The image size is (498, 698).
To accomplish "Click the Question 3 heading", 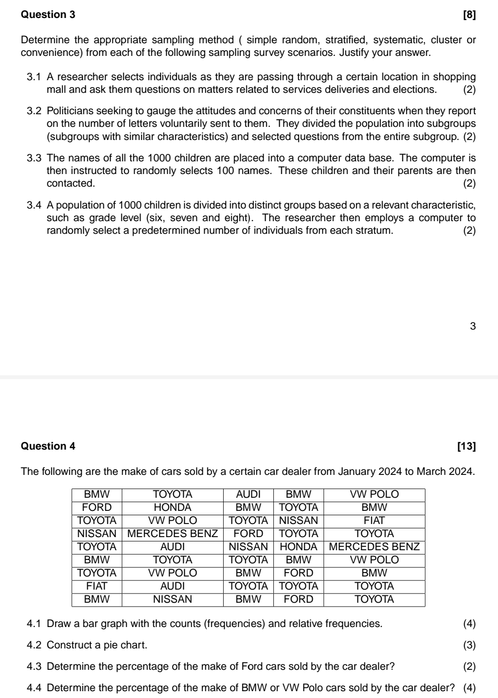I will (48, 15).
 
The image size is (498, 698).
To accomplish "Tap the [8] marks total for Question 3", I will (469, 15).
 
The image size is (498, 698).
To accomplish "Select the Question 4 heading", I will (48, 446).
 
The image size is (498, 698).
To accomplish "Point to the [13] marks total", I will (467, 446).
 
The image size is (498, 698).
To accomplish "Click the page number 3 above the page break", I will (473, 326).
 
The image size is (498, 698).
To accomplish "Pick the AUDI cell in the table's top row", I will (248, 494).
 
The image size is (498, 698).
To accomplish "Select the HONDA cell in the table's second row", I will (172, 507).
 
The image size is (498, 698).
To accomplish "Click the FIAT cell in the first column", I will (97, 586).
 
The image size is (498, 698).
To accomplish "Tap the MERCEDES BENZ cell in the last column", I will (374, 547).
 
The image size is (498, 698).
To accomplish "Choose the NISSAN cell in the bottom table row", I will (172, 599).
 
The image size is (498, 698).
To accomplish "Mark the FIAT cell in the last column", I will (374, 521).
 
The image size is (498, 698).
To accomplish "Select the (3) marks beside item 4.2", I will (469, 645).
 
